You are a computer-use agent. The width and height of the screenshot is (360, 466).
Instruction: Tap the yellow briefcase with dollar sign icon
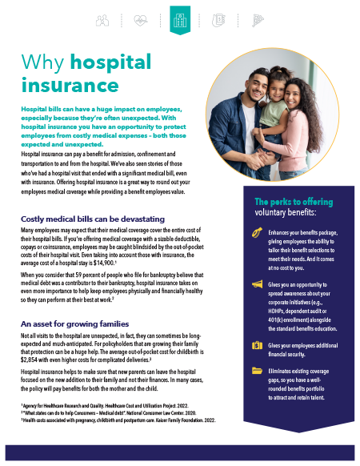click(x=257, y=344)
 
